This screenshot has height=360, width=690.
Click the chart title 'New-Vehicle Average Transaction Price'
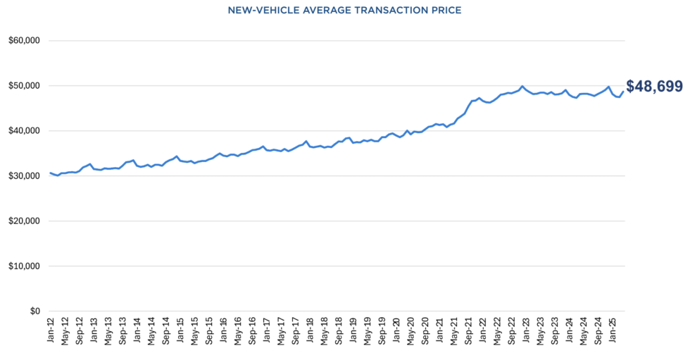344,11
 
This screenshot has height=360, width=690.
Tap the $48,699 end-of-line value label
654,87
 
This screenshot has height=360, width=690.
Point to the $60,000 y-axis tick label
24,41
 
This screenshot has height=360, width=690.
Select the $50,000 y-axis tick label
24,86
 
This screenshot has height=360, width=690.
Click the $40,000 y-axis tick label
24,131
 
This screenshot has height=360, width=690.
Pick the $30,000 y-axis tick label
24,176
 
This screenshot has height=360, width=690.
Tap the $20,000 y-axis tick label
24,221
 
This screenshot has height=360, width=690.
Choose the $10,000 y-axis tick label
24,266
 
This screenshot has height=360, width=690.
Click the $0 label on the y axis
33,311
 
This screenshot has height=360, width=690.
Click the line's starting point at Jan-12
50,173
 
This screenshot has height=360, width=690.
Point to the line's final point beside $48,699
622,92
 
